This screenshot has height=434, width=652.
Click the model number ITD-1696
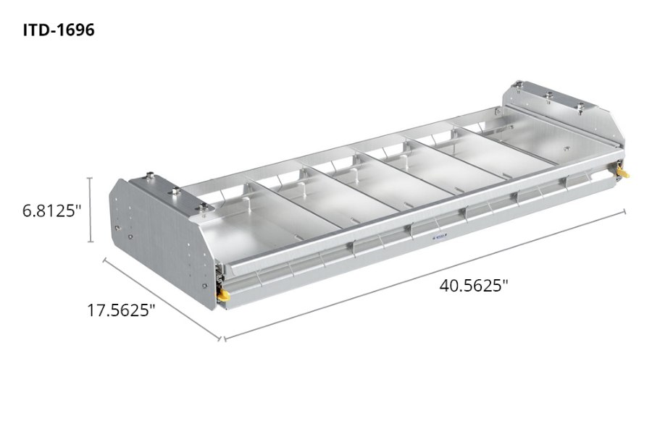pyautogui.click(x=58, y=30)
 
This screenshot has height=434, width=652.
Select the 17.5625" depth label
pyautogui.click(x=121, y=310)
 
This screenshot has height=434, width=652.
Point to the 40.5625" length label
pyautogui.click(x=474, y=285)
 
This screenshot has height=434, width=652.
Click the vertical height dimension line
pyautogui.click(x=91, y=210)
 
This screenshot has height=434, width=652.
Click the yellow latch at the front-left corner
pyautogui.click(x=227, y=294)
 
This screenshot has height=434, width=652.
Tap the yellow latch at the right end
pyautogui.click(x=624, y=174)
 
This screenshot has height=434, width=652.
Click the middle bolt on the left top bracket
pyautogui.click(x=175, y=192)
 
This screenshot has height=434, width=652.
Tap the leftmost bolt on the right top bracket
pyautogui.click(x=521, y=85)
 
